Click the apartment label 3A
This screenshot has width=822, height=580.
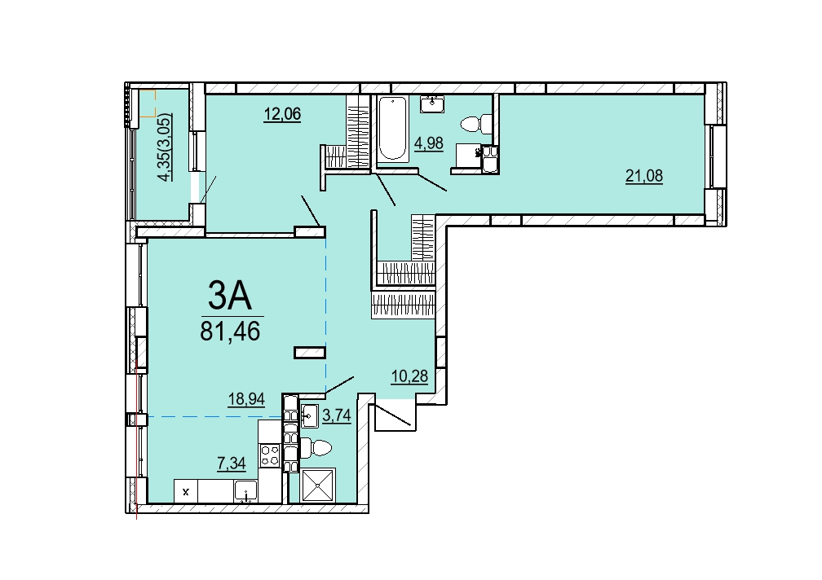[x=230, y=295]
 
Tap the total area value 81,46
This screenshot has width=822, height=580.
[x=230, y=331]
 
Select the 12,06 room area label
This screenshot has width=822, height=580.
[x=282, y=113]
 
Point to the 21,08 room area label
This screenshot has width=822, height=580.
[x=643, y=176]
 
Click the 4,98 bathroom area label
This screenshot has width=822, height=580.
[x=429, y=143]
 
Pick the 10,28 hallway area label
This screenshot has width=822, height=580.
[x=409, y=376]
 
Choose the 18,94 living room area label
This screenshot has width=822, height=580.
[x=246, y=399]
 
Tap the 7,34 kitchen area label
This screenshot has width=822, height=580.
[x=232, y=463]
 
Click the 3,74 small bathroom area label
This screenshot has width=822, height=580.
[x=337, y=415]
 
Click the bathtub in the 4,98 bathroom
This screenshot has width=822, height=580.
[x=393, y=129]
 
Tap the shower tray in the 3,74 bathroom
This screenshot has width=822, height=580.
[x=318, y=485]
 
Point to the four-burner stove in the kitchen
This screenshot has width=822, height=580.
[x=270, y=455]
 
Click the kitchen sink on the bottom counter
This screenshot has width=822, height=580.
[x=245, y=491]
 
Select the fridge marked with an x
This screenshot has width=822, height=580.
[x=186, y=491]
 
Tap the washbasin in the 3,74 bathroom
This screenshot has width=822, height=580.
[x=310, y=415]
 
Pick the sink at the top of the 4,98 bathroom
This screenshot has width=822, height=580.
[x=432, y=103]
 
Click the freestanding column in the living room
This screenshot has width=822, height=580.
[x=310, y=354]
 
